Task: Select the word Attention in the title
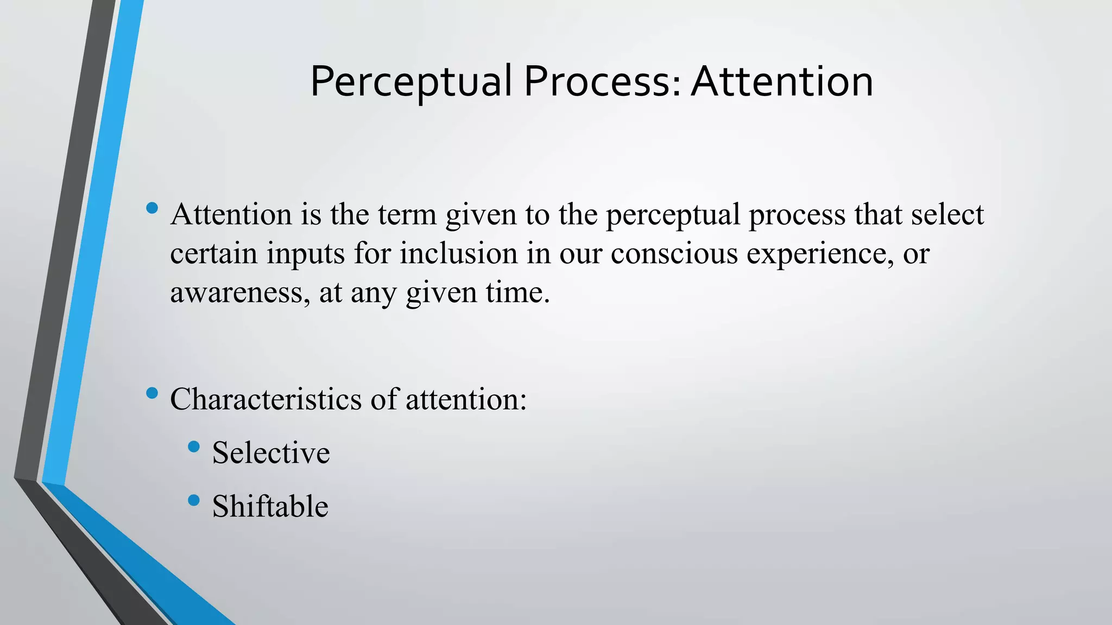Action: coord(782,81)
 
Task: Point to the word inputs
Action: coord(306,254)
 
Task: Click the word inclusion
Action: coord(459,253)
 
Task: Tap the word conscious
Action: coord(674,253)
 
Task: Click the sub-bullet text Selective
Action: coord(271,452)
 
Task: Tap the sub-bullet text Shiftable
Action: coord(270,506)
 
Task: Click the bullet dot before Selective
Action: coord(194,447)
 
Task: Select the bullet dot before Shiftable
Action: coord(194,500)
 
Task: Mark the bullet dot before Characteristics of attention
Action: coord(152,393)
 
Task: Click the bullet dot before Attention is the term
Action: coord(152,208)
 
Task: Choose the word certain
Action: coord(214,253)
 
